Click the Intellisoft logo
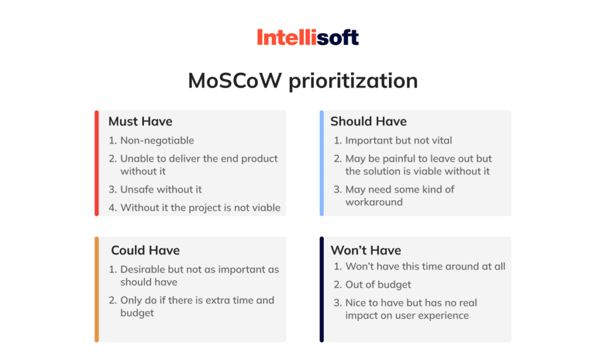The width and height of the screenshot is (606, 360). click(x=308, y=37)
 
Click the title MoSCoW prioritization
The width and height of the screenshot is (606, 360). click(x=303, y=81)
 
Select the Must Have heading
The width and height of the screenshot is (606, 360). click(x=140, y=121)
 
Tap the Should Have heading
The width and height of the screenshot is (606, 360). click(x=368, y=121)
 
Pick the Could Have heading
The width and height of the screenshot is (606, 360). click(x=146, y=250)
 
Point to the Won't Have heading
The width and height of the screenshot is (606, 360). click(x=366, y=250)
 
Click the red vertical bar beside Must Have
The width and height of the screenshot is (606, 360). click(x=96, y=163)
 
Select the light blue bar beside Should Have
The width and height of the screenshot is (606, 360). click(x=321, y=163)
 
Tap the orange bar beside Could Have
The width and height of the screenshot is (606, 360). click(x=96, y=289)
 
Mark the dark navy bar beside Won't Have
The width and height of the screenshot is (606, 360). click(x=321, y=289)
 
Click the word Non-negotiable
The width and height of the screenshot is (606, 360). click(x=157, y=140)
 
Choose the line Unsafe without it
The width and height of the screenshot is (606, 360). click(x=161, y=189)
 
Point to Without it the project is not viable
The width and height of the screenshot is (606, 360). click(x=200, y=208)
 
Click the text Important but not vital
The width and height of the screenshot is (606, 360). click(x=398, y=140)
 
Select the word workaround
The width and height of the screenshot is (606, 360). click(x=374, y=202)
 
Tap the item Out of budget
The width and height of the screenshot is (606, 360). click(x=378, y=285)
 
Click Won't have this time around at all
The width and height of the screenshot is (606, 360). click(x=425, y=266)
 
